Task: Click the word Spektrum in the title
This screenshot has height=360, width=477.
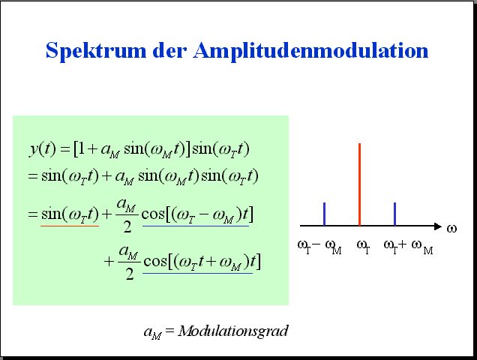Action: [x=96, y=50]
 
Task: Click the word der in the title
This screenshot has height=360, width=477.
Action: [x=169, y=50]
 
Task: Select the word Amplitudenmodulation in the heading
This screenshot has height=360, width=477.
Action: [x=310, y=50]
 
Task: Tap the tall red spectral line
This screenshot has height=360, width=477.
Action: [x=359, y=184]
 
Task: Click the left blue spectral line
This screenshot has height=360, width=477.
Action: [x=324, y=214]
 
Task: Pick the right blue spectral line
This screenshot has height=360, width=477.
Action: [x=394, y=214]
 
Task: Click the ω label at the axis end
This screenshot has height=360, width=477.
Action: [x=451, y=228]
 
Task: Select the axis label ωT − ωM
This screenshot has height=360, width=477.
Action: [x=319, y=247]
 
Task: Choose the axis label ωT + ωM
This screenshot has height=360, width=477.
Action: [x=408, y=247]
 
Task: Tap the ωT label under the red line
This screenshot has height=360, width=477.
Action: [x=364, y=247]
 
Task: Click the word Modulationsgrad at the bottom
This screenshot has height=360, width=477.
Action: [x=233, y=331]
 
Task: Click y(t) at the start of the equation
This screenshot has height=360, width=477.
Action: [x=43, y=149]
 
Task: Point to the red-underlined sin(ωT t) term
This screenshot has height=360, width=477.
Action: [x=70, y=214]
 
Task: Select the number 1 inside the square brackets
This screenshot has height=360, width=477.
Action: [x=81, y=149]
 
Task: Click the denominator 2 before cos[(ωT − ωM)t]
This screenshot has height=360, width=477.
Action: [x=127, y=226]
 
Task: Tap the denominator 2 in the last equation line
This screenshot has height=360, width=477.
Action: [x=130, y=274]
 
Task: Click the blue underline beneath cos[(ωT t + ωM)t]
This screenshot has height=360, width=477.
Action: [x=198, y=273]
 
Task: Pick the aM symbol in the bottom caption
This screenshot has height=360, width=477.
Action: [x=152, y=332]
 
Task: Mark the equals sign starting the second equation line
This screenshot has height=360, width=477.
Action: [x=32, y=176]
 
